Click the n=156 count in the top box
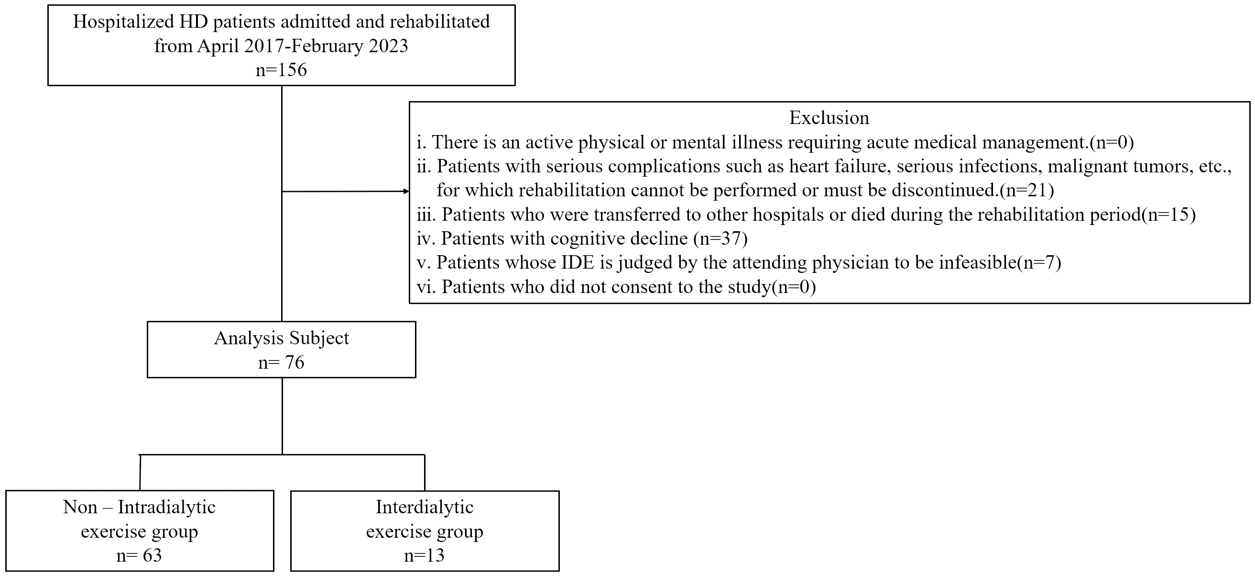281,70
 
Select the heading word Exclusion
829,117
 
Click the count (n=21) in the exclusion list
1026,190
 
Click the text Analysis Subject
282,338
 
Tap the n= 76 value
281,362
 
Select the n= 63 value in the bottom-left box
139,555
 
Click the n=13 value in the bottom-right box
425,555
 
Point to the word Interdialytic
425,507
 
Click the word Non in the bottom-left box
80,507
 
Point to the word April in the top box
218,46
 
